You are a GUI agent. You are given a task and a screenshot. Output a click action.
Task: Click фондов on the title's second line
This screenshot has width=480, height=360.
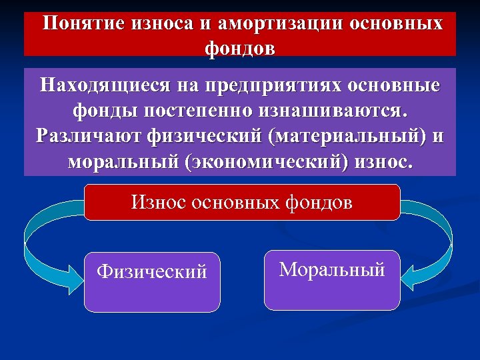tap(240, 48)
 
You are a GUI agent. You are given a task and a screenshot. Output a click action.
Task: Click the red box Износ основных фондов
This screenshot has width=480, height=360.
tap(241, 202)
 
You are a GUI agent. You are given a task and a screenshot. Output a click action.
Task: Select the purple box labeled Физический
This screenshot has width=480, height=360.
tap(152, 281)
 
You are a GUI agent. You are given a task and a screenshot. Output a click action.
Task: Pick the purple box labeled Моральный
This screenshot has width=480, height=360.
tap(332, 279)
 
